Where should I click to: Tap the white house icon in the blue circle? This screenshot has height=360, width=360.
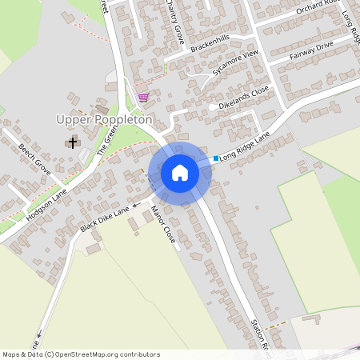[180, 173]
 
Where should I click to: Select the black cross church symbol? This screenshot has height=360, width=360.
[73, 143]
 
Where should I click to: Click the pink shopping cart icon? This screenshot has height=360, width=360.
[143, 98]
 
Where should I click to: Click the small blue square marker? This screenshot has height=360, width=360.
[216, 158]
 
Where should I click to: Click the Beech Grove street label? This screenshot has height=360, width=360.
[34, 160]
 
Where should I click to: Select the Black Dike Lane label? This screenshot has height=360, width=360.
[105, 218]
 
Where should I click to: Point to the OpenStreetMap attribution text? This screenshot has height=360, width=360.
[81, 354]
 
